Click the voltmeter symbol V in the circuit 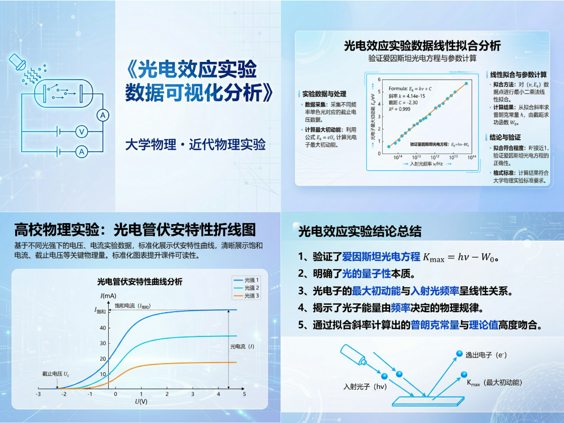click(81, 132)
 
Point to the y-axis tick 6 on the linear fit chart click(379, 80)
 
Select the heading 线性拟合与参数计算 click(519, 75)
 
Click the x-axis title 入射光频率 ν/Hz click(426, 164)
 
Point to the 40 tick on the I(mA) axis click(103, 328)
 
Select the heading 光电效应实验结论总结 click(360, 231)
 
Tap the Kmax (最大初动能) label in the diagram click(495, 383)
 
